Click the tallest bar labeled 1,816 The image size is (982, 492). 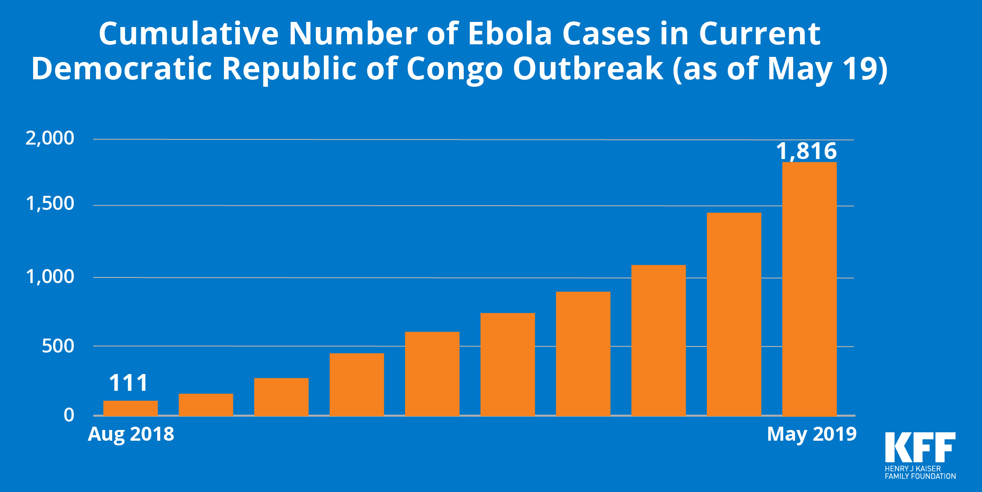[809, 289]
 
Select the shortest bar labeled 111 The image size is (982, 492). [131, 408]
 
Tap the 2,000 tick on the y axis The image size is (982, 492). [50, 139]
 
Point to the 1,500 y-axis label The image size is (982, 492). [50, 204]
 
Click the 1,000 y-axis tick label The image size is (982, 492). [50, 277]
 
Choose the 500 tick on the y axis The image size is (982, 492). [58, 346]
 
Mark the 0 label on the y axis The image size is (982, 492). [69, 415]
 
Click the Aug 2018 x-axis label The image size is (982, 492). [131, 434]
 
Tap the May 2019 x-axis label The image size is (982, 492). [812, 434]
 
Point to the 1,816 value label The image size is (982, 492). [807, 151]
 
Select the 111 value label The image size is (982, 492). [128, 383]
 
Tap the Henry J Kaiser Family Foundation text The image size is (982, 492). [920, 472]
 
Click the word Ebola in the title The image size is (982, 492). [510, 34]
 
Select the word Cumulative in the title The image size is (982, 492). [188, 34]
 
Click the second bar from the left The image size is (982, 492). [206, 405]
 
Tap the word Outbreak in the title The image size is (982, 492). [588, 69]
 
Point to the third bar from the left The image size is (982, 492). [281, 397]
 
